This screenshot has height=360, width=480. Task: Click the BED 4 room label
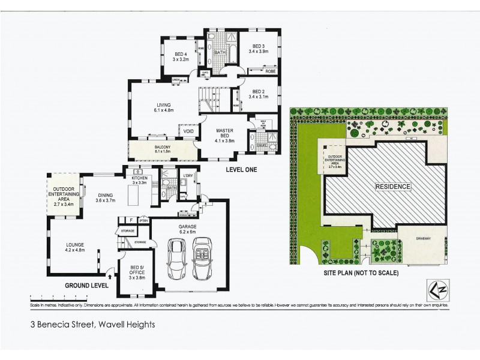[181, 56]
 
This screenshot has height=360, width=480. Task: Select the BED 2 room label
[259, 94]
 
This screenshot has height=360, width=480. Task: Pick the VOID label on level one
[188, 131]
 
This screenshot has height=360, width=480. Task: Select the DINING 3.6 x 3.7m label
[109, 197]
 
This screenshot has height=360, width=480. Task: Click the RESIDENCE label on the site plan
[393, 187]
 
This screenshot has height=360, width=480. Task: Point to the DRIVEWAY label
[423, 238]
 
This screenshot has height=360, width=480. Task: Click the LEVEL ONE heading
[242, 170]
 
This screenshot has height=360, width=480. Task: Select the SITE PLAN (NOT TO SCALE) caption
[362, 272]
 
